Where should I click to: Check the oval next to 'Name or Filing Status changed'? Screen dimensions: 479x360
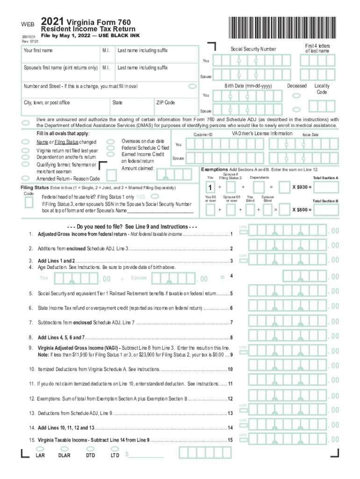point(26,142)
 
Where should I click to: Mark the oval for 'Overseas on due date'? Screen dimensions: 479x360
point(111,141)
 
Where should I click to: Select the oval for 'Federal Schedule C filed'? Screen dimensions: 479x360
point(111,148)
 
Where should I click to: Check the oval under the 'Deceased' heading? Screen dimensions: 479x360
point(296,96)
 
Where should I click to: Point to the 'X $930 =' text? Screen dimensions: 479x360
point(302,187)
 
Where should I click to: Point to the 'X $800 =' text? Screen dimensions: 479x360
point(302,210)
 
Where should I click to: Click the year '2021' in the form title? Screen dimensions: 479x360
point(52,22)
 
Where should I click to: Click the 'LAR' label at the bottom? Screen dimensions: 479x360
point(40,455)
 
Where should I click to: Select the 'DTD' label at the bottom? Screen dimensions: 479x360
point(91,455)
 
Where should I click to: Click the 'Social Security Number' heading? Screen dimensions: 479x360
point(253,49)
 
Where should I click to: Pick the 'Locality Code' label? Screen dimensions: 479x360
point(322,89)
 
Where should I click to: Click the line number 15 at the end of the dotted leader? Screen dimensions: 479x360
point(230,440)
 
